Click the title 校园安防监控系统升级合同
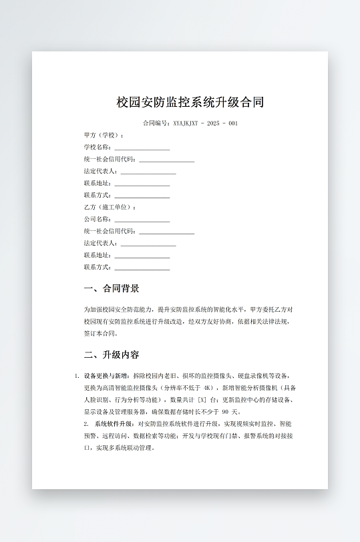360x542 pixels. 190,102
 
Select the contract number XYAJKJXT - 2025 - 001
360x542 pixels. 205,123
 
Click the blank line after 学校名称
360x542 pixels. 142,148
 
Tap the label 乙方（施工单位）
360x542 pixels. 110,208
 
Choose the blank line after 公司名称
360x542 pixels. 142,220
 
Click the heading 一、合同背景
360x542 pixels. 112,289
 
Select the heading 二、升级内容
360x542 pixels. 112,354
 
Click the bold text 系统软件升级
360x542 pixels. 114,424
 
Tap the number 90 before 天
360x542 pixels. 225,412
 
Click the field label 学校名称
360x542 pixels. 98,148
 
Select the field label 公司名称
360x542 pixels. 98,220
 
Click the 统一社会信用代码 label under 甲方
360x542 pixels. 110,160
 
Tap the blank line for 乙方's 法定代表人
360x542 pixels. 148,244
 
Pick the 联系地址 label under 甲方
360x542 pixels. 98,184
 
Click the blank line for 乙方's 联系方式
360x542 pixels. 142,268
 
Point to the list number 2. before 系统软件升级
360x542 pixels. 86,424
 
